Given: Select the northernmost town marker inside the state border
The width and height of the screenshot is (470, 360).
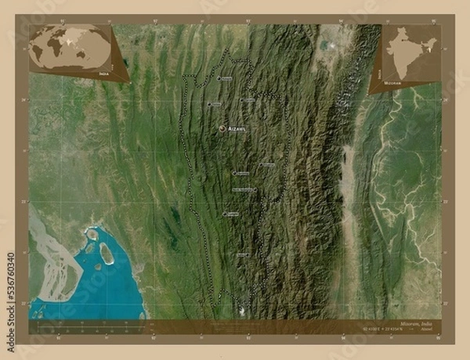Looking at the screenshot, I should tap(219, 78).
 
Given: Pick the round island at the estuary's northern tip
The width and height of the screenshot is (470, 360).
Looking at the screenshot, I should tap(92, 233).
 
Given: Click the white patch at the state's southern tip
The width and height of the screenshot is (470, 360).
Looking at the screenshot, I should tap(242, 311).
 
